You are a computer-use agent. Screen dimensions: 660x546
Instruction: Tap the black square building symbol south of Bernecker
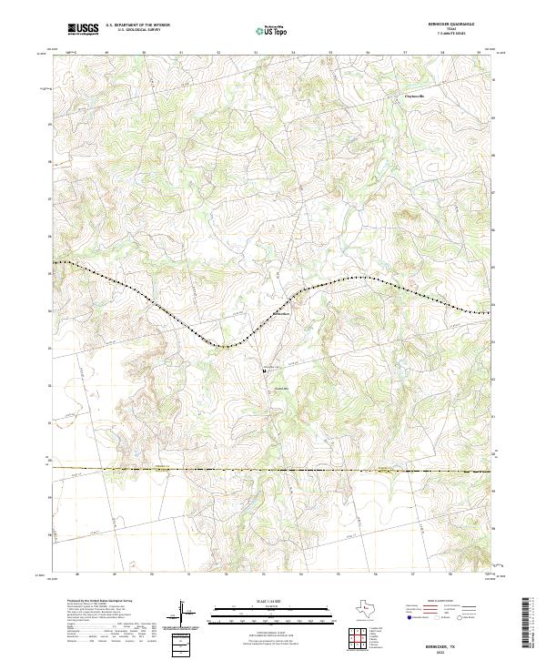265,371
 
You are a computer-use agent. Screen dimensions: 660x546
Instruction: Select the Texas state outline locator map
370,611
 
